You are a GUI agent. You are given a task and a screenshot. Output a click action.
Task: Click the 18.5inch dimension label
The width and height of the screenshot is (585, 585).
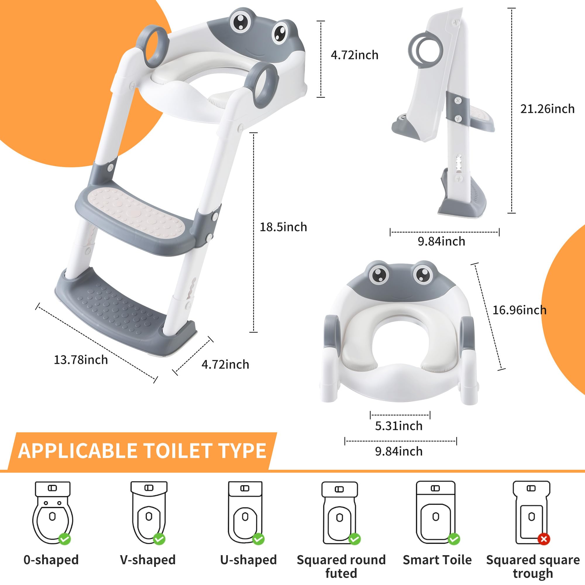[283, 227]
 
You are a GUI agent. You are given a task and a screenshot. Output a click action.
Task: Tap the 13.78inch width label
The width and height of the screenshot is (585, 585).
[80, 360]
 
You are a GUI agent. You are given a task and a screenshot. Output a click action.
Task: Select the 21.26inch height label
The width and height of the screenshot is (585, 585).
[548, 109]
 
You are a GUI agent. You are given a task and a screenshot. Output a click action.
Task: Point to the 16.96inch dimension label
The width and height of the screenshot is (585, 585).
[519, 310]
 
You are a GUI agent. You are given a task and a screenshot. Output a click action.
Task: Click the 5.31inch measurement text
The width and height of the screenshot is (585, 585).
[399, 426]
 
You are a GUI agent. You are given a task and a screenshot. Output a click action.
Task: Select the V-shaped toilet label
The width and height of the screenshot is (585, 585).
[148, 560]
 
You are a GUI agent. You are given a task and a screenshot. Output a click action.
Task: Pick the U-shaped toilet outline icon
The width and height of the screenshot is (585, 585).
[245, 513]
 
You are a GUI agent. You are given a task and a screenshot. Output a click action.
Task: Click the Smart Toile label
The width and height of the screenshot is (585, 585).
[437, 560]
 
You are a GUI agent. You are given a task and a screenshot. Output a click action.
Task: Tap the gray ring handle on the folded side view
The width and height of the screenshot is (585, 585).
[424, 49]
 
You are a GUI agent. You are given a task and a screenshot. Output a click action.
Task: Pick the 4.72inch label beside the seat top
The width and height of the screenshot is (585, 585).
[355, 55]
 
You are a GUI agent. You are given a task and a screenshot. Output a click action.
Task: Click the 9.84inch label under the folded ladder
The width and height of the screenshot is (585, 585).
[441, 241]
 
